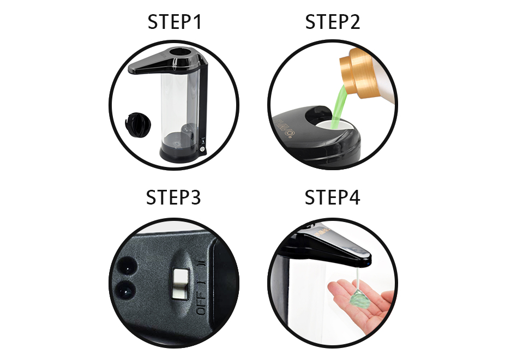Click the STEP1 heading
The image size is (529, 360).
(x=175, y=22)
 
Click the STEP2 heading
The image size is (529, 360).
(x=333, y=22)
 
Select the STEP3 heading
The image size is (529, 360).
(x=173, y=197)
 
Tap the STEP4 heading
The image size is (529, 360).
(x=332, y=197)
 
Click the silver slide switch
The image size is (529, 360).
(x=180, y=284)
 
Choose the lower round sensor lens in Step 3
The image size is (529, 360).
(x=125, y=291)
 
